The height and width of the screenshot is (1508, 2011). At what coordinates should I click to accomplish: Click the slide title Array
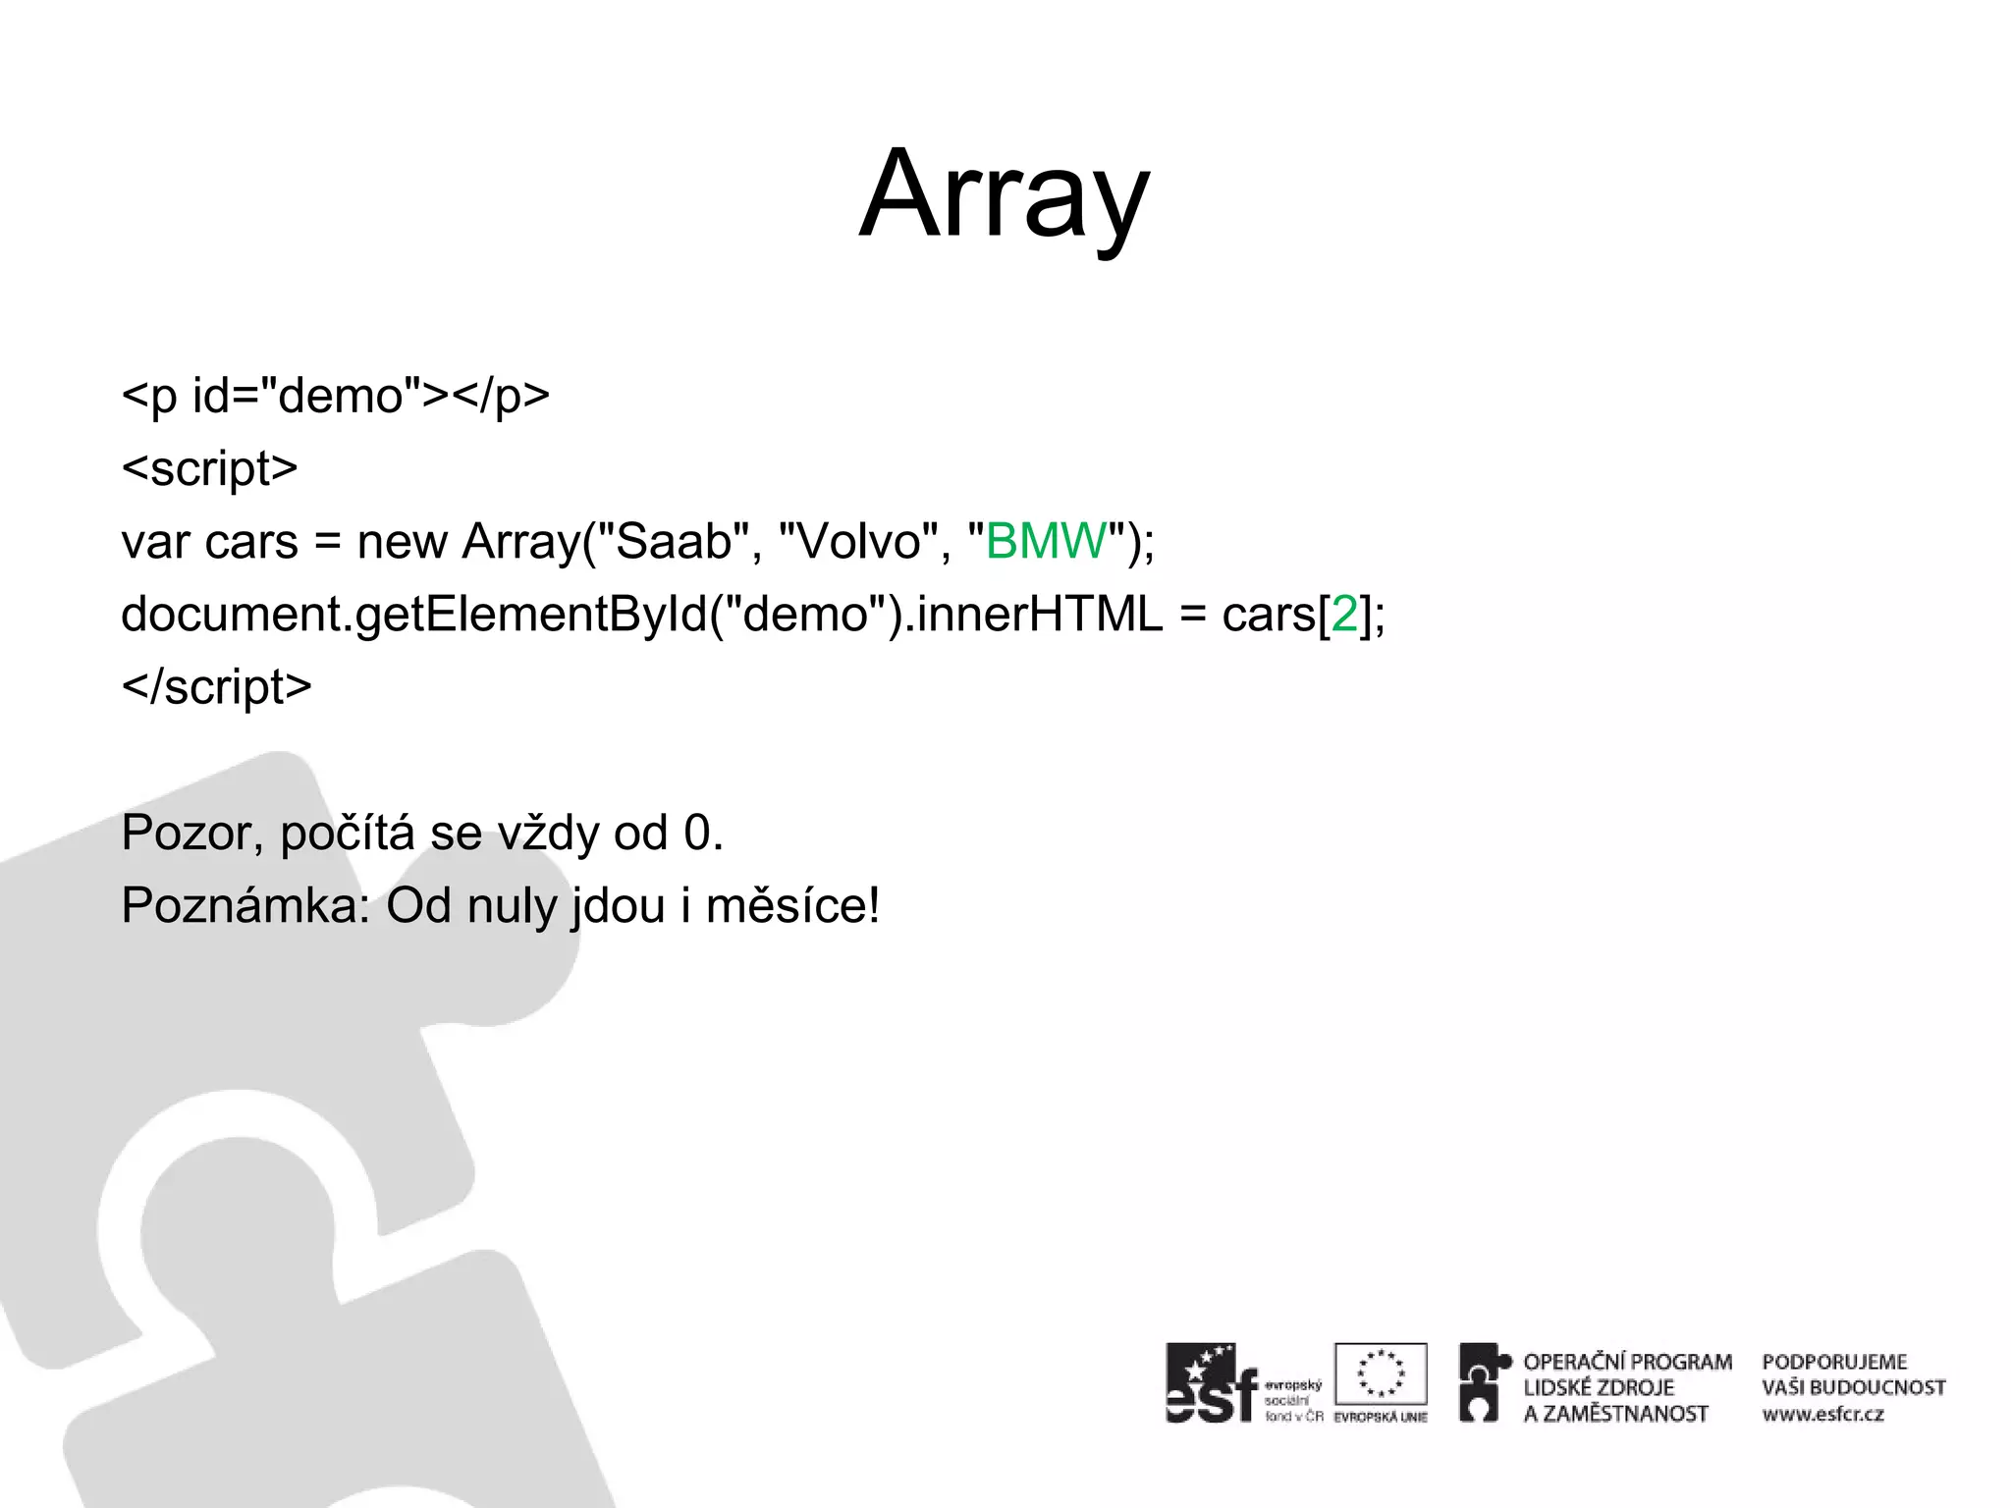(x=1004, y=196)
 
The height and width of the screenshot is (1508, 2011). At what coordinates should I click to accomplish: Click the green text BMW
(x=1046, y=541)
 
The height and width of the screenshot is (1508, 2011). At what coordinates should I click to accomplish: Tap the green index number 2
(x=1343, y=615)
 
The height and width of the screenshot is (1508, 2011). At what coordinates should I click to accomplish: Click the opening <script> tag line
(x=209, y=469)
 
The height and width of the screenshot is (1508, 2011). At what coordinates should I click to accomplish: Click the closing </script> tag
(x=216, y=686)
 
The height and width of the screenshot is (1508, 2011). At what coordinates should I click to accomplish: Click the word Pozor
(x=190, y=833)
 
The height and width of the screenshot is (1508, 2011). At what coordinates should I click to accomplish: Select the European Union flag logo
(x=1380, y=1374)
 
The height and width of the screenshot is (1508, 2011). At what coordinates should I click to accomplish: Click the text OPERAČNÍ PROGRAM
(x=1627, y=1362)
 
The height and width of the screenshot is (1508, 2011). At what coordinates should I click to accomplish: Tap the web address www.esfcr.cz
(x=1822, y=1415)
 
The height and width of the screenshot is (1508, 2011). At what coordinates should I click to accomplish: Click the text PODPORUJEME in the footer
(x=1833, y=1362)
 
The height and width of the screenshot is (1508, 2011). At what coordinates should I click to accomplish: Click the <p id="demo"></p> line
(x=335, y=397)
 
